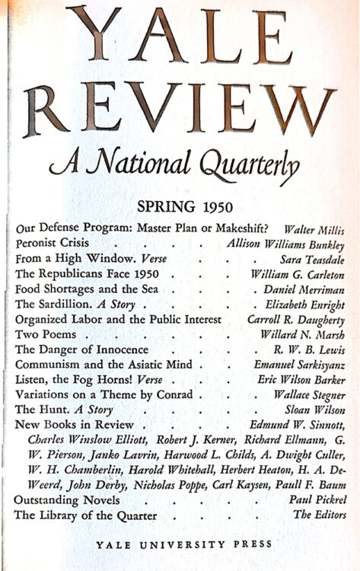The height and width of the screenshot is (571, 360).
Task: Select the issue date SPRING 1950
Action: coord(180,207)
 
